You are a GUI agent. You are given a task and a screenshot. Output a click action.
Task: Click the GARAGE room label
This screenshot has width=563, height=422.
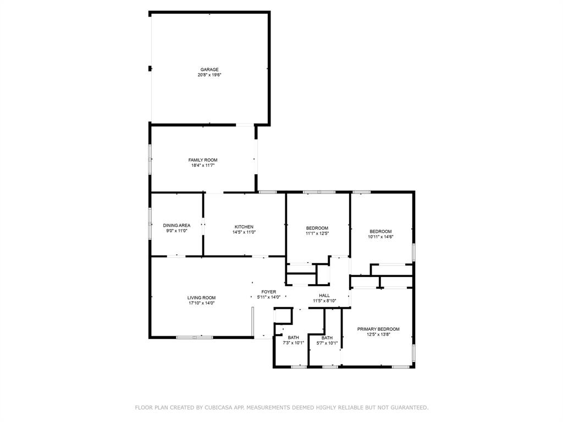[x=209, y=70]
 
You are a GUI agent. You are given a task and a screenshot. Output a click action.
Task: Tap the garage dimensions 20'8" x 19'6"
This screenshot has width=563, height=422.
[x=209, y=75]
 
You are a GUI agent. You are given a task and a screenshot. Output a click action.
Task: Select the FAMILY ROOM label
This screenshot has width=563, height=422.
[x=203, y=160]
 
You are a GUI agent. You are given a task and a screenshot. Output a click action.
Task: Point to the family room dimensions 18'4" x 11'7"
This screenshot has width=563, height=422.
[x=203, y=165]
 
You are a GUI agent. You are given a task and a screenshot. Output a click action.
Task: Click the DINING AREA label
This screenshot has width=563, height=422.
[x=176, y=225]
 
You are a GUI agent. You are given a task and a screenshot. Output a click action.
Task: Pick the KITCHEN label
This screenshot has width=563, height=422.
[x=244, y=227]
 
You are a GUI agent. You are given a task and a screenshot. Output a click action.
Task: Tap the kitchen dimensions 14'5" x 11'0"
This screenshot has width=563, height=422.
[x=244, y=232]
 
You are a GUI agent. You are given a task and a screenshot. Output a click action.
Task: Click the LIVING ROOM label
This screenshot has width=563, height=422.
[x=201, y=298]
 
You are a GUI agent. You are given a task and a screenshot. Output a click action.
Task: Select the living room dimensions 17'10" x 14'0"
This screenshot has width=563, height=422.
[x=201, y=303]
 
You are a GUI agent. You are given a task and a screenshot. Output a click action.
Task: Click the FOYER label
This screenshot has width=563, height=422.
[x=268, y=292]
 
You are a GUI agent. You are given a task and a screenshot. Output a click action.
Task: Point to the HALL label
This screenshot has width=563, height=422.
[x=324, y=296]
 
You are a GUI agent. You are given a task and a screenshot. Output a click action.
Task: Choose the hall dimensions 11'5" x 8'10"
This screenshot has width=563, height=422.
[x=324, y=301]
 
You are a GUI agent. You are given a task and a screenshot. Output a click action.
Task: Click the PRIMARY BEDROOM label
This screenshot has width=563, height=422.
[x=378, y=329]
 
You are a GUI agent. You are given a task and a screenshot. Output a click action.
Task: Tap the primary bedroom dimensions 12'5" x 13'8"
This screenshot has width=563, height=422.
[x=378, y=334]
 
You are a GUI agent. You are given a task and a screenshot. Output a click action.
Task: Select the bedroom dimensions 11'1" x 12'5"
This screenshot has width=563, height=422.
[x=317, y=233]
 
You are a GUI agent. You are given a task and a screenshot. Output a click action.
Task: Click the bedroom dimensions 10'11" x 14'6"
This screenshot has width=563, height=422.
[x=380, y=237]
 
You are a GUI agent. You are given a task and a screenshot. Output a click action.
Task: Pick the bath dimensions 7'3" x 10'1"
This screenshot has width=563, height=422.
[x=293, y=343]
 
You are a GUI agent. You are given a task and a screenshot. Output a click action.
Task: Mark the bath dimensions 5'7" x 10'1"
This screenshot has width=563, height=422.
[x=327, y=343]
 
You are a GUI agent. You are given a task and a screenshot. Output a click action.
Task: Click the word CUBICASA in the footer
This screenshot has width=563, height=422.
[x=219, y=408]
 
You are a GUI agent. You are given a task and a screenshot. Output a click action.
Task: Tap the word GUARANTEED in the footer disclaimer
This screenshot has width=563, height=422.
[x=406, y=408]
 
